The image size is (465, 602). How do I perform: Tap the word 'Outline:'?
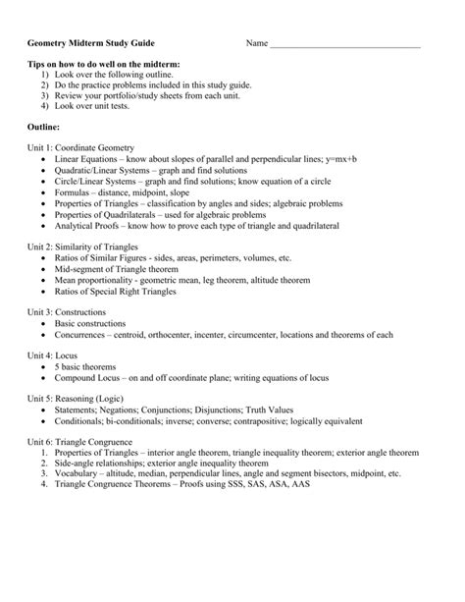click(x=44, y=127)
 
